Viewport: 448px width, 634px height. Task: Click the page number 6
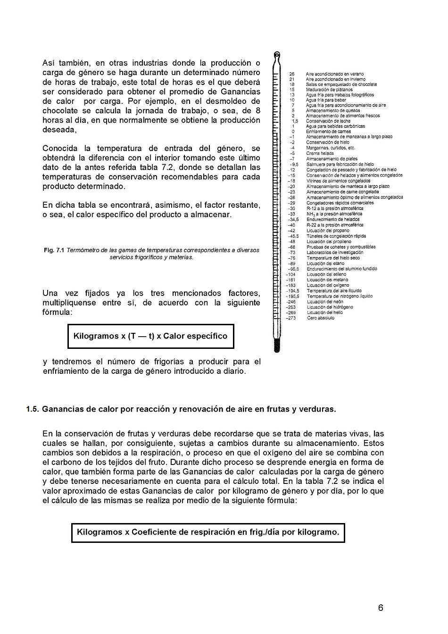tap(381, 608)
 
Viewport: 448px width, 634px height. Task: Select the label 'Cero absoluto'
tap(320, 318)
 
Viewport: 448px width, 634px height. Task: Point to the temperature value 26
tap(292, 74)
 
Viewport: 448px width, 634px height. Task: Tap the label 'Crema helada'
tap(320, 153)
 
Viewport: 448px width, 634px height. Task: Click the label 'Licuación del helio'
tap(325, 313)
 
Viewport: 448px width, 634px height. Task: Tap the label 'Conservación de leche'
tap(328, 121)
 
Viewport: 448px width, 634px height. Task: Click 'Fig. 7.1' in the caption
tap(55, 250)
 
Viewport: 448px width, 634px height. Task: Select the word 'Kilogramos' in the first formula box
tap(96, 336)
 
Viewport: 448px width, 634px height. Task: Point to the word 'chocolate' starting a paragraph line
tap(60, 110)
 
